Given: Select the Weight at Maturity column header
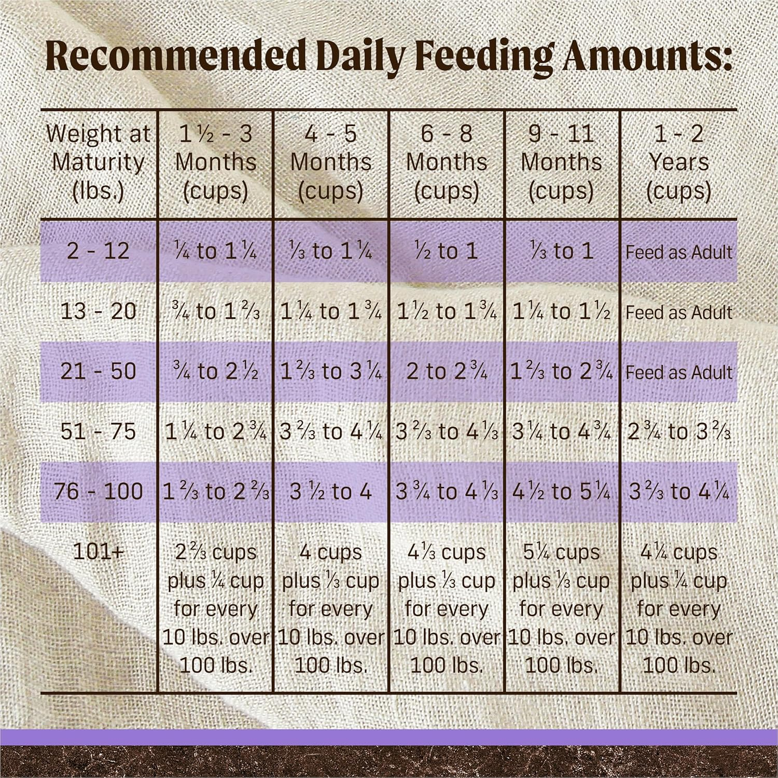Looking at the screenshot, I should pyautogui.click(x=98, y=162).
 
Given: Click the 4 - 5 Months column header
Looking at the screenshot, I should pyautogui.click(x=331, y=162).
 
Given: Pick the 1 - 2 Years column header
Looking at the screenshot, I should pyautogui.click(x=678, y=162).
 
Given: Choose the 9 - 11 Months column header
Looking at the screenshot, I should pyautogui.click(x=562, y=162).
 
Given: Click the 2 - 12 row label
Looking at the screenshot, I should pyautogui.click(x=98, y=251).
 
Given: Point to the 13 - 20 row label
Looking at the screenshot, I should pyautogui.click(x=98, y=311).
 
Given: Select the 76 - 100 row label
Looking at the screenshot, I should pyautogui.click(x=98, y=491).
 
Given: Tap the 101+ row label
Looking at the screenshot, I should pyautogui.click(x=98, y=551).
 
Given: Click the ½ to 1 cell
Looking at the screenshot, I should pyautogui.click(x=447, y=251).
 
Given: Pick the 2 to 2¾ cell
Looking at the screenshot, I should pyautogui.click(x=447, y=371).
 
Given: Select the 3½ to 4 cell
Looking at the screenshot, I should pyautogui.click(x=331, y=491).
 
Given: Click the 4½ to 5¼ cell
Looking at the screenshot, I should pyautogui.click(x=562, y=491).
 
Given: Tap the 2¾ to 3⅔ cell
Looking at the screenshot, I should pyautogui.click(x=678, y=432).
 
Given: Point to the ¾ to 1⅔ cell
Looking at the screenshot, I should pyautogui.click(x=216, y=311).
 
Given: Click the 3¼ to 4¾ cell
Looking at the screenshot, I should pyautogui.click(x=562, y=432).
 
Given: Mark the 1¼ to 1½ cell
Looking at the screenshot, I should pyautogui.click(x=562, y=311).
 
